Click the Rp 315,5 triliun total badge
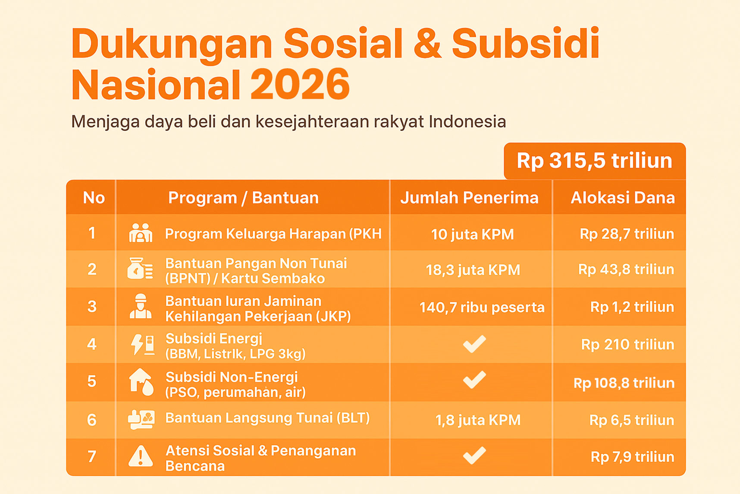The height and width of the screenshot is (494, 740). (x=595, y=161)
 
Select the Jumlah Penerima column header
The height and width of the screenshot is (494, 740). (x=470, y=198)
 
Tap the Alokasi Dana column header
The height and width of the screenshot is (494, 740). (x=623, y=198)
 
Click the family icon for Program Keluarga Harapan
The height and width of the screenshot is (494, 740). (x=141, y=233)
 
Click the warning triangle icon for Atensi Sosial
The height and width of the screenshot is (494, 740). (x=141, y=456)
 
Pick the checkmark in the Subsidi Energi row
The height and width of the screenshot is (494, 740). (x=474, y=344)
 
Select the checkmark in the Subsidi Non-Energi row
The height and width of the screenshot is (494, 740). (x=474, y=380)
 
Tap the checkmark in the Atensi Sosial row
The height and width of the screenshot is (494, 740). (x=474, y=455)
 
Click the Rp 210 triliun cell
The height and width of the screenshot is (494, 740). (x=627, y=345)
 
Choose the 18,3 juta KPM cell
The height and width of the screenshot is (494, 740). (x=473, y=270)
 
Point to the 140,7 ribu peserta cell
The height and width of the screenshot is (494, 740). (x=482, y=307)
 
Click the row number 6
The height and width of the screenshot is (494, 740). (x=92, y=420)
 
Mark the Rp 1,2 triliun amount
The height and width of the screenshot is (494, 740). (x=632, y=307)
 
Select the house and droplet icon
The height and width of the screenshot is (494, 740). (x=141, y=382)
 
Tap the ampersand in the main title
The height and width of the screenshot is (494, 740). (x=427, y=43)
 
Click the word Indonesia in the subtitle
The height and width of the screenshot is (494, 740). (x=467, y=122)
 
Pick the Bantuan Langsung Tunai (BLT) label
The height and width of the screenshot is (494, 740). (x=267, y=418)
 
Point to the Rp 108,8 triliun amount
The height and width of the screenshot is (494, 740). (x=624, y=383)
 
